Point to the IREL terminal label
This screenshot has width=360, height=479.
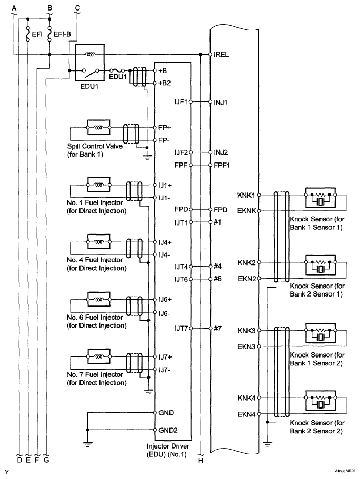point(221,54)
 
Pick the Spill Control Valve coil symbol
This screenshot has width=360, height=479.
point(98,127)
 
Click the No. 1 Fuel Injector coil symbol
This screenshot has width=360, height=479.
point(98,185)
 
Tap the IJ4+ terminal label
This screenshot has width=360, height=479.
point(165,242)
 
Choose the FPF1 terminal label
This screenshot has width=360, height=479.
point(222,165)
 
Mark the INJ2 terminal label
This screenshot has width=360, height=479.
point(221,152)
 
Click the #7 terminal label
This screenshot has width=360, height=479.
point(218,328)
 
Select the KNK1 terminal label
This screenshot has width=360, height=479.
point(246,195)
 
